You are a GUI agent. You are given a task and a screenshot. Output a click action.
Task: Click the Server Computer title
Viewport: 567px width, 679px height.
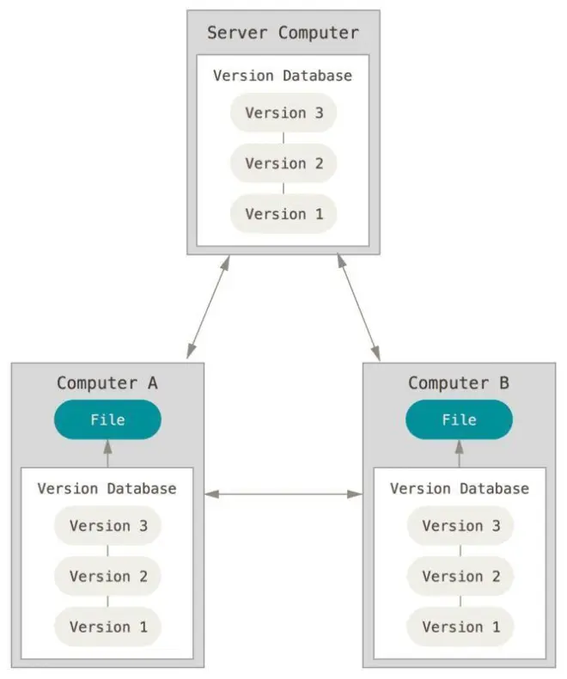283,33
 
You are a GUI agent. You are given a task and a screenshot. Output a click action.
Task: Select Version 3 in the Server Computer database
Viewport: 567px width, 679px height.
283,113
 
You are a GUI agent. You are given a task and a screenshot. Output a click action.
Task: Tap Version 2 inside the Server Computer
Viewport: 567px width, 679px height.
283,163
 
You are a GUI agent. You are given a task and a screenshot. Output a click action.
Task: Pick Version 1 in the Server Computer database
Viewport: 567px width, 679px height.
283,214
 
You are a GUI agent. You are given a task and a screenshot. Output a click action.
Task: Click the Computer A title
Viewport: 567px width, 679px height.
107,383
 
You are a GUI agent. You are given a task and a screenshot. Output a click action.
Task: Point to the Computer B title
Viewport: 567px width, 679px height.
459,383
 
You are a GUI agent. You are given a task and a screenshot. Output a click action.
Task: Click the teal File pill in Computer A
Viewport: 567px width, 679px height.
107,419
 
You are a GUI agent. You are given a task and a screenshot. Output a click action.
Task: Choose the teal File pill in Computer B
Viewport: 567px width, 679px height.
460,419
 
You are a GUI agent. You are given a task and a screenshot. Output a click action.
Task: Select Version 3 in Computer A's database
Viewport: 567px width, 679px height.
107,526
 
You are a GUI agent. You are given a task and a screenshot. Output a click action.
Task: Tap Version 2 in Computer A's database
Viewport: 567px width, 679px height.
107,577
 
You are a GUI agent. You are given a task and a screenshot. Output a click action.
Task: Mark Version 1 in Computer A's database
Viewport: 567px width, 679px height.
107,627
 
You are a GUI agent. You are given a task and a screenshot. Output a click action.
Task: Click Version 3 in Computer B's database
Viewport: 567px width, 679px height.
460,526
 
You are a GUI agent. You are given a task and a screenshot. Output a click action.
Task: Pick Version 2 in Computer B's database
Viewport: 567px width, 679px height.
460,577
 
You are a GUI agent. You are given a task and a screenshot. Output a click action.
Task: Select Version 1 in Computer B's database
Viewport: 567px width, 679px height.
460,627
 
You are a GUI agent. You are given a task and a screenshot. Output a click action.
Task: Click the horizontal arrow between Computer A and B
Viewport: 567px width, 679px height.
283,494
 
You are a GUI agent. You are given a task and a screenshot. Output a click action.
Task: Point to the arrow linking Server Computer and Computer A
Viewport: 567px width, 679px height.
208,307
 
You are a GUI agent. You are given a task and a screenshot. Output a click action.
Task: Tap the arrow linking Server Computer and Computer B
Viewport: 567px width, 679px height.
359,307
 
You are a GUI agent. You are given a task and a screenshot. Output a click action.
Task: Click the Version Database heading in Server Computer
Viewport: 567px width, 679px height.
283,76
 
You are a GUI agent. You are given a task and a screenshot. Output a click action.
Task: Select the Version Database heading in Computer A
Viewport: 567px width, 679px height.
107,488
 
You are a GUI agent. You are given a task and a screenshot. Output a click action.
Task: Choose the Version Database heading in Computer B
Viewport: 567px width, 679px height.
460,488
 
